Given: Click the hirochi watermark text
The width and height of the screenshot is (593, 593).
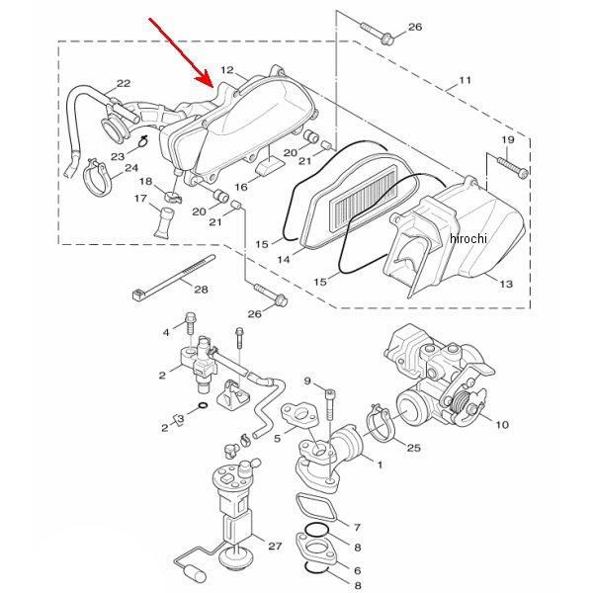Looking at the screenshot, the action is point(468,238).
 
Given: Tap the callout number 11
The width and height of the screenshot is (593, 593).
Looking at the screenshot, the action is point(465,80).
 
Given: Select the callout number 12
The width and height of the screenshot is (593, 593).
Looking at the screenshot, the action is point(227,70).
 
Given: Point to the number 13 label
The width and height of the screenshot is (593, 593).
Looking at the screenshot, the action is point(506,284).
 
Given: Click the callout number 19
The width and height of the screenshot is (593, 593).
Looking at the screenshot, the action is point(508,140).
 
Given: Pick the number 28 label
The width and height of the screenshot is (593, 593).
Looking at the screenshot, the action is point(201,290).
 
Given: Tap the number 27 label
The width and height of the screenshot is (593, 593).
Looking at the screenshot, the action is point(275,546).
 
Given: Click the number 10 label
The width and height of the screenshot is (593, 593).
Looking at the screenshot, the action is point(502,424).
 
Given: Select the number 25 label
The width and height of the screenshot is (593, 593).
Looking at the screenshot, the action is point(413,448).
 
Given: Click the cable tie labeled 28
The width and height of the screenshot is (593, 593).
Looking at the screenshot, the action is point(174,277).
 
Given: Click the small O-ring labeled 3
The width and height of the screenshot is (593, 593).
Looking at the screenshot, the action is point(203,406).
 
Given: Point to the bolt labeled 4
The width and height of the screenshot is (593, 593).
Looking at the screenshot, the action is point(190,323).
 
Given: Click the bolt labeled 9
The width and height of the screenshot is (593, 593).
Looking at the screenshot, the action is point(330,404).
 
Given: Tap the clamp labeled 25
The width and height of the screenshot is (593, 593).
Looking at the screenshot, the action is point(381,424).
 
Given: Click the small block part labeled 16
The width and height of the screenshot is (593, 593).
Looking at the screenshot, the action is point(269,166).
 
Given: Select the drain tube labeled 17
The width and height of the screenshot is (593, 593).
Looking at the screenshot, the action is point(164,222).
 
